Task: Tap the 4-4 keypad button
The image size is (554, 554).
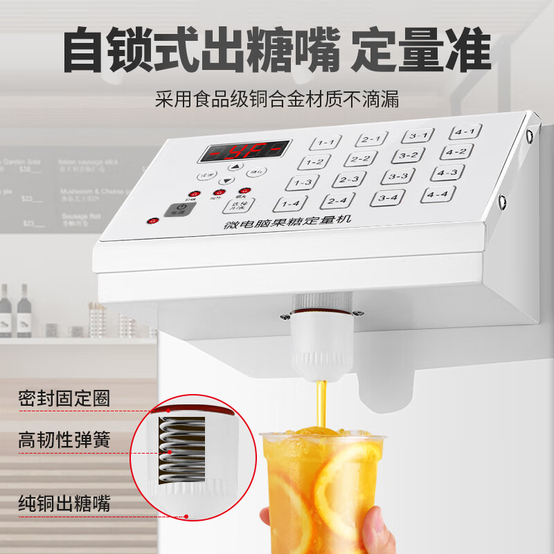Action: point(438,195)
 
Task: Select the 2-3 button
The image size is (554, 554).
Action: point(348,179)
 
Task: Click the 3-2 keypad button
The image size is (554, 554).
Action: point(407,156)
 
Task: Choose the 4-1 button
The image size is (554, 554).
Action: point(465,132)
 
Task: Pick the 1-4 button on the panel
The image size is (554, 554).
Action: point(290,204)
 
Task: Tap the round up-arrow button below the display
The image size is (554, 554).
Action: point(235,167)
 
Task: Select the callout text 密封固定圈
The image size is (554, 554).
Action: point(64,399)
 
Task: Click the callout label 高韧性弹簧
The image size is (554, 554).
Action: point(64,440)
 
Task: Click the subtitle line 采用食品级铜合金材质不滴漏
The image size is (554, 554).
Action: point(277,99)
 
